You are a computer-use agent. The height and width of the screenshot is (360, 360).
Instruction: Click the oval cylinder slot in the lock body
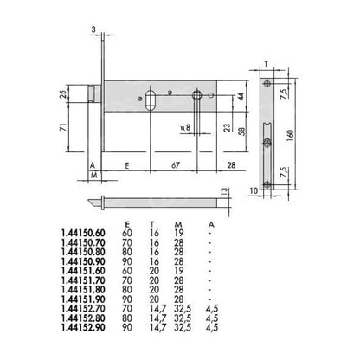tap(151, 96)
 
